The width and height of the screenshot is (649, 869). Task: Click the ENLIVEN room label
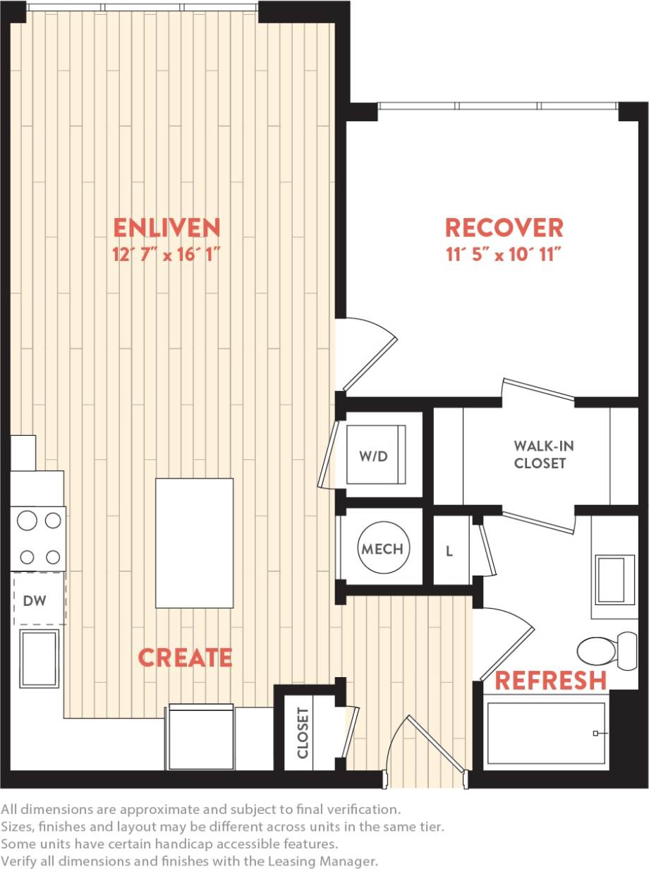tap(167, 228)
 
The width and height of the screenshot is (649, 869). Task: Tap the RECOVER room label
tap(504, 228)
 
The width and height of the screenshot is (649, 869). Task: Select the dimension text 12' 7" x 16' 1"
tap(167, 255)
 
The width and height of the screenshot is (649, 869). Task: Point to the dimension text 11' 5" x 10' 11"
tap(504, 255)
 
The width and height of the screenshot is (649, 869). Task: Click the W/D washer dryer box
tap(377, 455)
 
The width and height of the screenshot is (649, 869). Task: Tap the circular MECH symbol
tap(382, 549)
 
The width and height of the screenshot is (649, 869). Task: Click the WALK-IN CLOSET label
tap(540, 455)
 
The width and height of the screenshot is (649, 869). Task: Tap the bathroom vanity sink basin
tap(614, 580)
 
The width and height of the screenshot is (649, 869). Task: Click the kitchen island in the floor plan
tap(194, 543)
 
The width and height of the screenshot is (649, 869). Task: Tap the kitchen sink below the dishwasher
tap(39, 657)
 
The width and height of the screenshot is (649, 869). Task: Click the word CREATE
tap(185, 657)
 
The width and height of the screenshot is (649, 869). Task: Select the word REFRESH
tap(550, 681)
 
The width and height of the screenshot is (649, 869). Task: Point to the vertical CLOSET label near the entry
tap(303, 733)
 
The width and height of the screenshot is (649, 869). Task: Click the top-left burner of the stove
tap(27, 521)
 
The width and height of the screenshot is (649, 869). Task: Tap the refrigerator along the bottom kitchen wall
tap(200, 737)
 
